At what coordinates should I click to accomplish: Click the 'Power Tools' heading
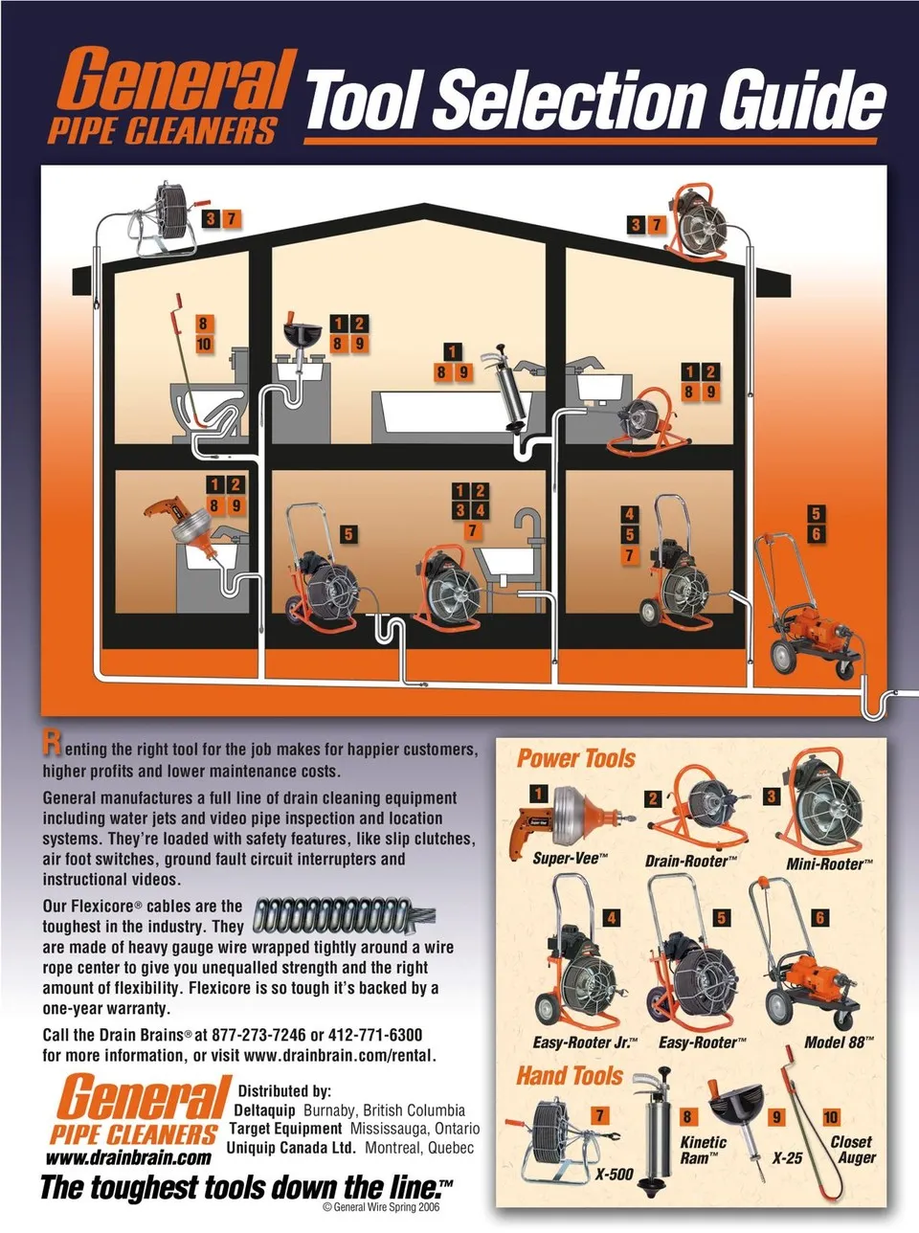pos(575,758)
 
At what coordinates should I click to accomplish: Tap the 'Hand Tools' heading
pos(570,1075)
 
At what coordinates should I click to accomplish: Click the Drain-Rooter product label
pos(691,861)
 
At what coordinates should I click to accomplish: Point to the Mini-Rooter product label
pos(829,863)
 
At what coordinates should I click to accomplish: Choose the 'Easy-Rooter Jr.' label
pos(585,1042)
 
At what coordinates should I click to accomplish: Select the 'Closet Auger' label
pos(853,1150)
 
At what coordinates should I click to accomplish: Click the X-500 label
pos(614,1174)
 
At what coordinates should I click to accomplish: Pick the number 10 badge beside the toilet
pos(204,344)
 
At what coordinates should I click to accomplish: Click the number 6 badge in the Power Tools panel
pos(819,917)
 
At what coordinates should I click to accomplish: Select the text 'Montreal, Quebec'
pos(419,1148)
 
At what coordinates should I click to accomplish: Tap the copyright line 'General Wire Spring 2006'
pos(381,1207)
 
